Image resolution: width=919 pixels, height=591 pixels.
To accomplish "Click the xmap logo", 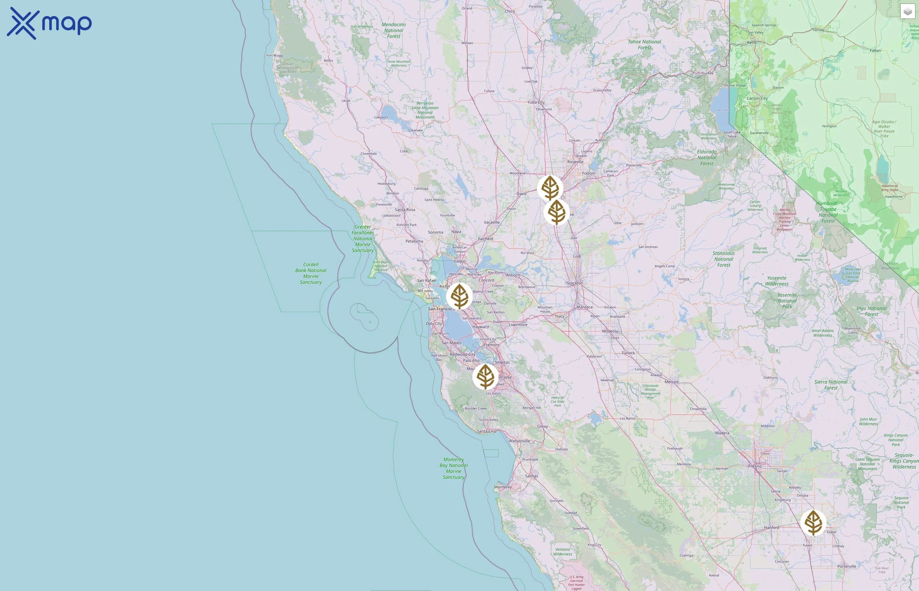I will (x=49, y=23).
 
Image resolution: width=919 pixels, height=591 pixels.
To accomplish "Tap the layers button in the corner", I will (x=908, y=11).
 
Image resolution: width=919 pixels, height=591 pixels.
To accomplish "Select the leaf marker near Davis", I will (x=550, y=188).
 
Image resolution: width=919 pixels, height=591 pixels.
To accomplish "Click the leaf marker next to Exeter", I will (x=813, y=522).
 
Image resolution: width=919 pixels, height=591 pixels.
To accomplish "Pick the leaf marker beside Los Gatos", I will (x=485, y=377).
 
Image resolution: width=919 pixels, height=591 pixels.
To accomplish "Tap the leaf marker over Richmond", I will (x=459, y=296).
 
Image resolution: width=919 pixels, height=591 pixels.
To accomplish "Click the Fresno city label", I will (x=755, y=466).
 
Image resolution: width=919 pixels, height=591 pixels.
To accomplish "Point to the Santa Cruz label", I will (x=487, y=431).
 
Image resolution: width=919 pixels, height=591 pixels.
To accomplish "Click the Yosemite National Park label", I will (x=787, y=301).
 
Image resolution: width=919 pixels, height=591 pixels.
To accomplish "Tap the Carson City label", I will (x=757, y=98).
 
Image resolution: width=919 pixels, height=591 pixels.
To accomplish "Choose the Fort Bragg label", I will (x=275, y=55).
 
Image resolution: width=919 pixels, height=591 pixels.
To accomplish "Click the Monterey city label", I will (x=503, y=487).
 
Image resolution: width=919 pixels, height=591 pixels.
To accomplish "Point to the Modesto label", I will (x=610, y=331).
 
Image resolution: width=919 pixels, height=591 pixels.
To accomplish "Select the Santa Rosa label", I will (x=405, y=209).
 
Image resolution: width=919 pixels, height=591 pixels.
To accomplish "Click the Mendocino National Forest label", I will (x=394, y=30).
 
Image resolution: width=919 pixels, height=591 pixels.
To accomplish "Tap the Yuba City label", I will (x=536, y=102).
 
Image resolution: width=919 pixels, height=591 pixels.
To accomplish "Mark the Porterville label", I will (x=847, y=566).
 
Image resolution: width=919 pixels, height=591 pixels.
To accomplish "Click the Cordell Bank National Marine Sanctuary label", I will (x=311, y=273).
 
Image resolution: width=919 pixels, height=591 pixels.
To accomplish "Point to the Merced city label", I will (x=671, y=382).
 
